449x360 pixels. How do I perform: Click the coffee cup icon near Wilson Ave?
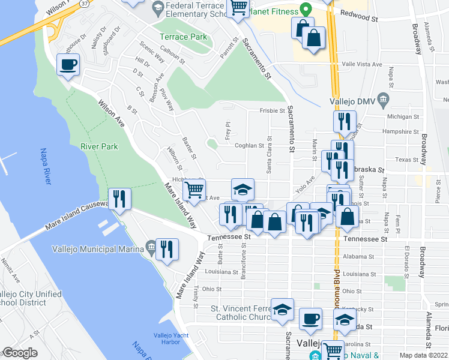pyautogui.click(x=68, y=64)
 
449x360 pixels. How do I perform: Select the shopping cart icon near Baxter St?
pyautogui.click(x=194, y=190)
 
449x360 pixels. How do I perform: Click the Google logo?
pyautogui.click(x=20, y=353)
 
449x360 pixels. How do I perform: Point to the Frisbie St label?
pyautogui.click(x=272, y=111)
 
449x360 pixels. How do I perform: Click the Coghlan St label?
pyautogui.click(x=249, y=146)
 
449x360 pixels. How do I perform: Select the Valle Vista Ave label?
pyautogui.click(x=362, y=64)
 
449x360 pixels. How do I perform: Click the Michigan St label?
pyautogui.click(x=402, y=116)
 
